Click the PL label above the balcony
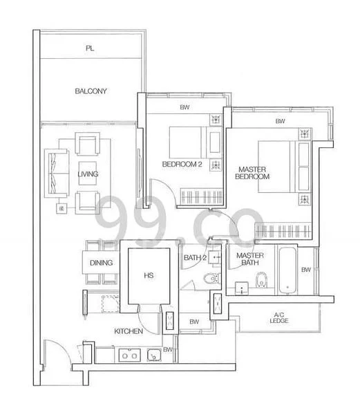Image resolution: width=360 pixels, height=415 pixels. point(89,48)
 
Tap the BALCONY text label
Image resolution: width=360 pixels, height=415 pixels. point(91,91)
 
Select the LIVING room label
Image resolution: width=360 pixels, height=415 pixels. point(88,174)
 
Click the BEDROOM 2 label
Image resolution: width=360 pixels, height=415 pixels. point(182,164)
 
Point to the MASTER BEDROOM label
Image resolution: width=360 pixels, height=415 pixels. point(254,172)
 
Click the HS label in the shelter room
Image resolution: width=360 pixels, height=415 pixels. point(148,275)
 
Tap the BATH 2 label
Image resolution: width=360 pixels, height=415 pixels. point(195,258)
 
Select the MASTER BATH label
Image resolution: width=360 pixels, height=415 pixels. point(249,259)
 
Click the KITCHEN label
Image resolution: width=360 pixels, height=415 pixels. point(129,332)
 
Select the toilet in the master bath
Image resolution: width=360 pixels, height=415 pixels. point(261,280)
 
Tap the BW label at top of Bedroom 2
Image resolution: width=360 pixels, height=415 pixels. point(184,107)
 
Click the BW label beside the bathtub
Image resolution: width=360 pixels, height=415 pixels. point(306,270)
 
